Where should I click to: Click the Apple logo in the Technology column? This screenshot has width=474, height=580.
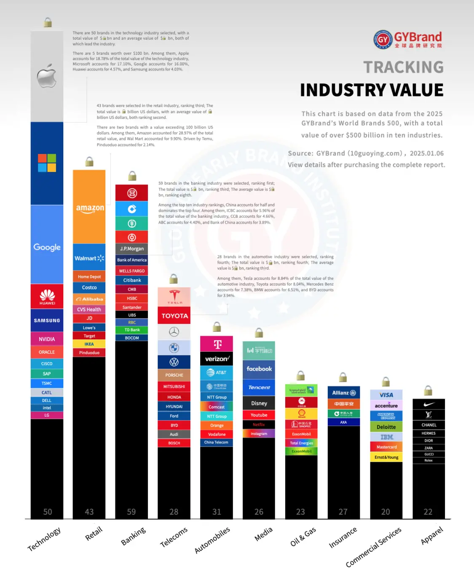[47, 76]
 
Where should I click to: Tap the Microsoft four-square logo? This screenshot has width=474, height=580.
[47, 163]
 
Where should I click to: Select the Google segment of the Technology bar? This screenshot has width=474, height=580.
[47, 247]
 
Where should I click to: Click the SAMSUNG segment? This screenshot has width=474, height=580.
[47, 321]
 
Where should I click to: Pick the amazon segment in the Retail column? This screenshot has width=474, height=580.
[89, 208]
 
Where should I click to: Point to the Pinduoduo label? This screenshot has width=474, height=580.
[89, 353]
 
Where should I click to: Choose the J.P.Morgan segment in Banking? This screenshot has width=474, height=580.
[132, 249]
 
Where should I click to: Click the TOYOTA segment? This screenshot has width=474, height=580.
[174, 316]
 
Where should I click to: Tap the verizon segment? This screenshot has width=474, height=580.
[217, 359]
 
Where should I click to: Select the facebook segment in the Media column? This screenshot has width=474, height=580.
[259, 369]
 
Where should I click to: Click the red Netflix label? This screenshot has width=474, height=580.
[259, 425]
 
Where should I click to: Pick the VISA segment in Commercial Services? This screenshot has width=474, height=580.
[386, 395]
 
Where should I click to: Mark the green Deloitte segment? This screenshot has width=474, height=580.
[386, 427]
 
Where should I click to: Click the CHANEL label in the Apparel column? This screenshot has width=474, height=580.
[429, 425]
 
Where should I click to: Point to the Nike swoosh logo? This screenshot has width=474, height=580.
[429, 404]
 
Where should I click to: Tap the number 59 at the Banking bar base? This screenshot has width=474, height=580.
[131, 512]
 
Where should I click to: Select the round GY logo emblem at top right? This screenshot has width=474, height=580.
[383, 40]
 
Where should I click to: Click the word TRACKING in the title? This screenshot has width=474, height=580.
[403, 67]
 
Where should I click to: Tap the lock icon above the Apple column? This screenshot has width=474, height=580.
[48, 22]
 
